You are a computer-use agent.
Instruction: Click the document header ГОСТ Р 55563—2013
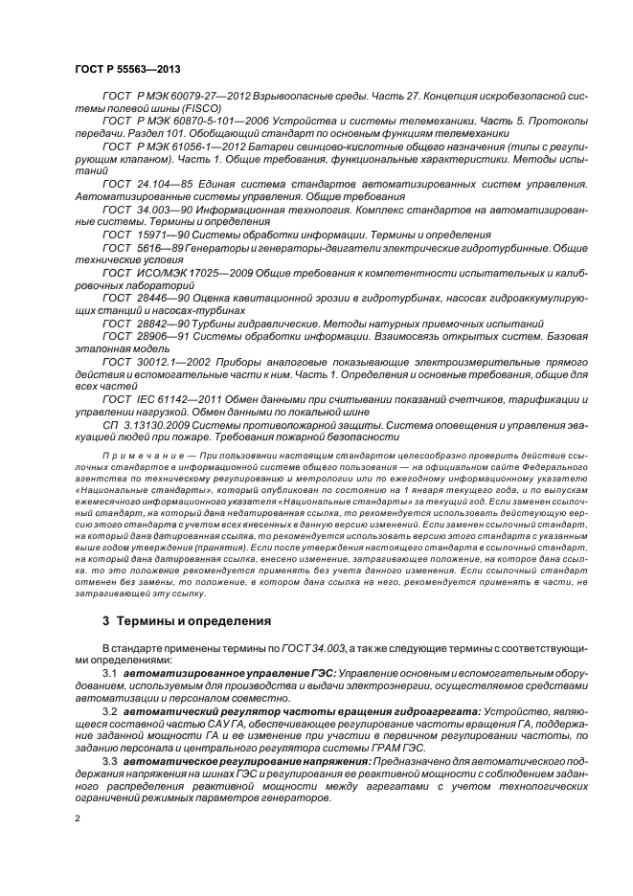(126, 71)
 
